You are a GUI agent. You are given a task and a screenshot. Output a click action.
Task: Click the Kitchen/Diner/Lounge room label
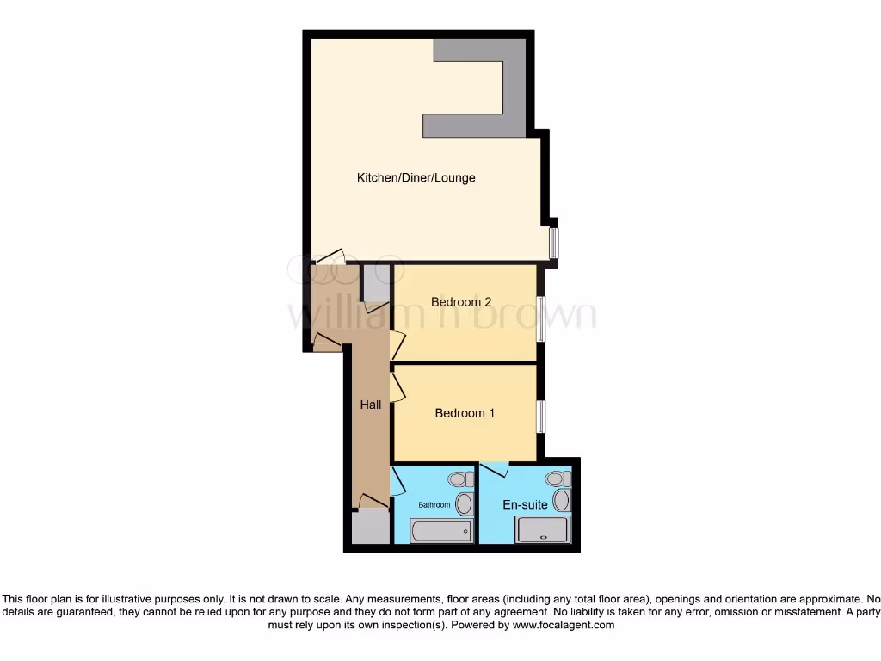click(416, 178)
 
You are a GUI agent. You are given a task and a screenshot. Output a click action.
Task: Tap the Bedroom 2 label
click(461, 302)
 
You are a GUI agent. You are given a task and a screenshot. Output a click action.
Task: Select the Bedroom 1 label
click(465, 413)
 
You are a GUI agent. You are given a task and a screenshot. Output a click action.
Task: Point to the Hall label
click(371, 405)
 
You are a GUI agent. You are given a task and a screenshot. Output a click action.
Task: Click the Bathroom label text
click(434, 504)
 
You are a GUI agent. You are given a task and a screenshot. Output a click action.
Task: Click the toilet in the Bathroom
click(459, 479)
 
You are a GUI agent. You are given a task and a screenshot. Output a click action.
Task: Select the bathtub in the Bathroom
click(441, 531)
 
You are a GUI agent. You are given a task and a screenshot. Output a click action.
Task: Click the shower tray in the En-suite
click(542, 529)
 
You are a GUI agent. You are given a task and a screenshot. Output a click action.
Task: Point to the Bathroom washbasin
click(464, 503)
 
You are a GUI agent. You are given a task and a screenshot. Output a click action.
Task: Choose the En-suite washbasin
click(562, 500)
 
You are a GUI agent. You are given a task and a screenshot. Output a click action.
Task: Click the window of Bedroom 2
click(539, 318)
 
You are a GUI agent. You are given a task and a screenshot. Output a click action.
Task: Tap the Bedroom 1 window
click(539, 417)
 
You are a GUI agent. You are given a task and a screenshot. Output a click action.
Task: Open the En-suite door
click(495, 469)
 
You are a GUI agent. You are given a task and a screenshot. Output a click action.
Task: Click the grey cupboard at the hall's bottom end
click(370, 525)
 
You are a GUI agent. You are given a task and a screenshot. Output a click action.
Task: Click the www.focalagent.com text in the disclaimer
click(564, 625)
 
